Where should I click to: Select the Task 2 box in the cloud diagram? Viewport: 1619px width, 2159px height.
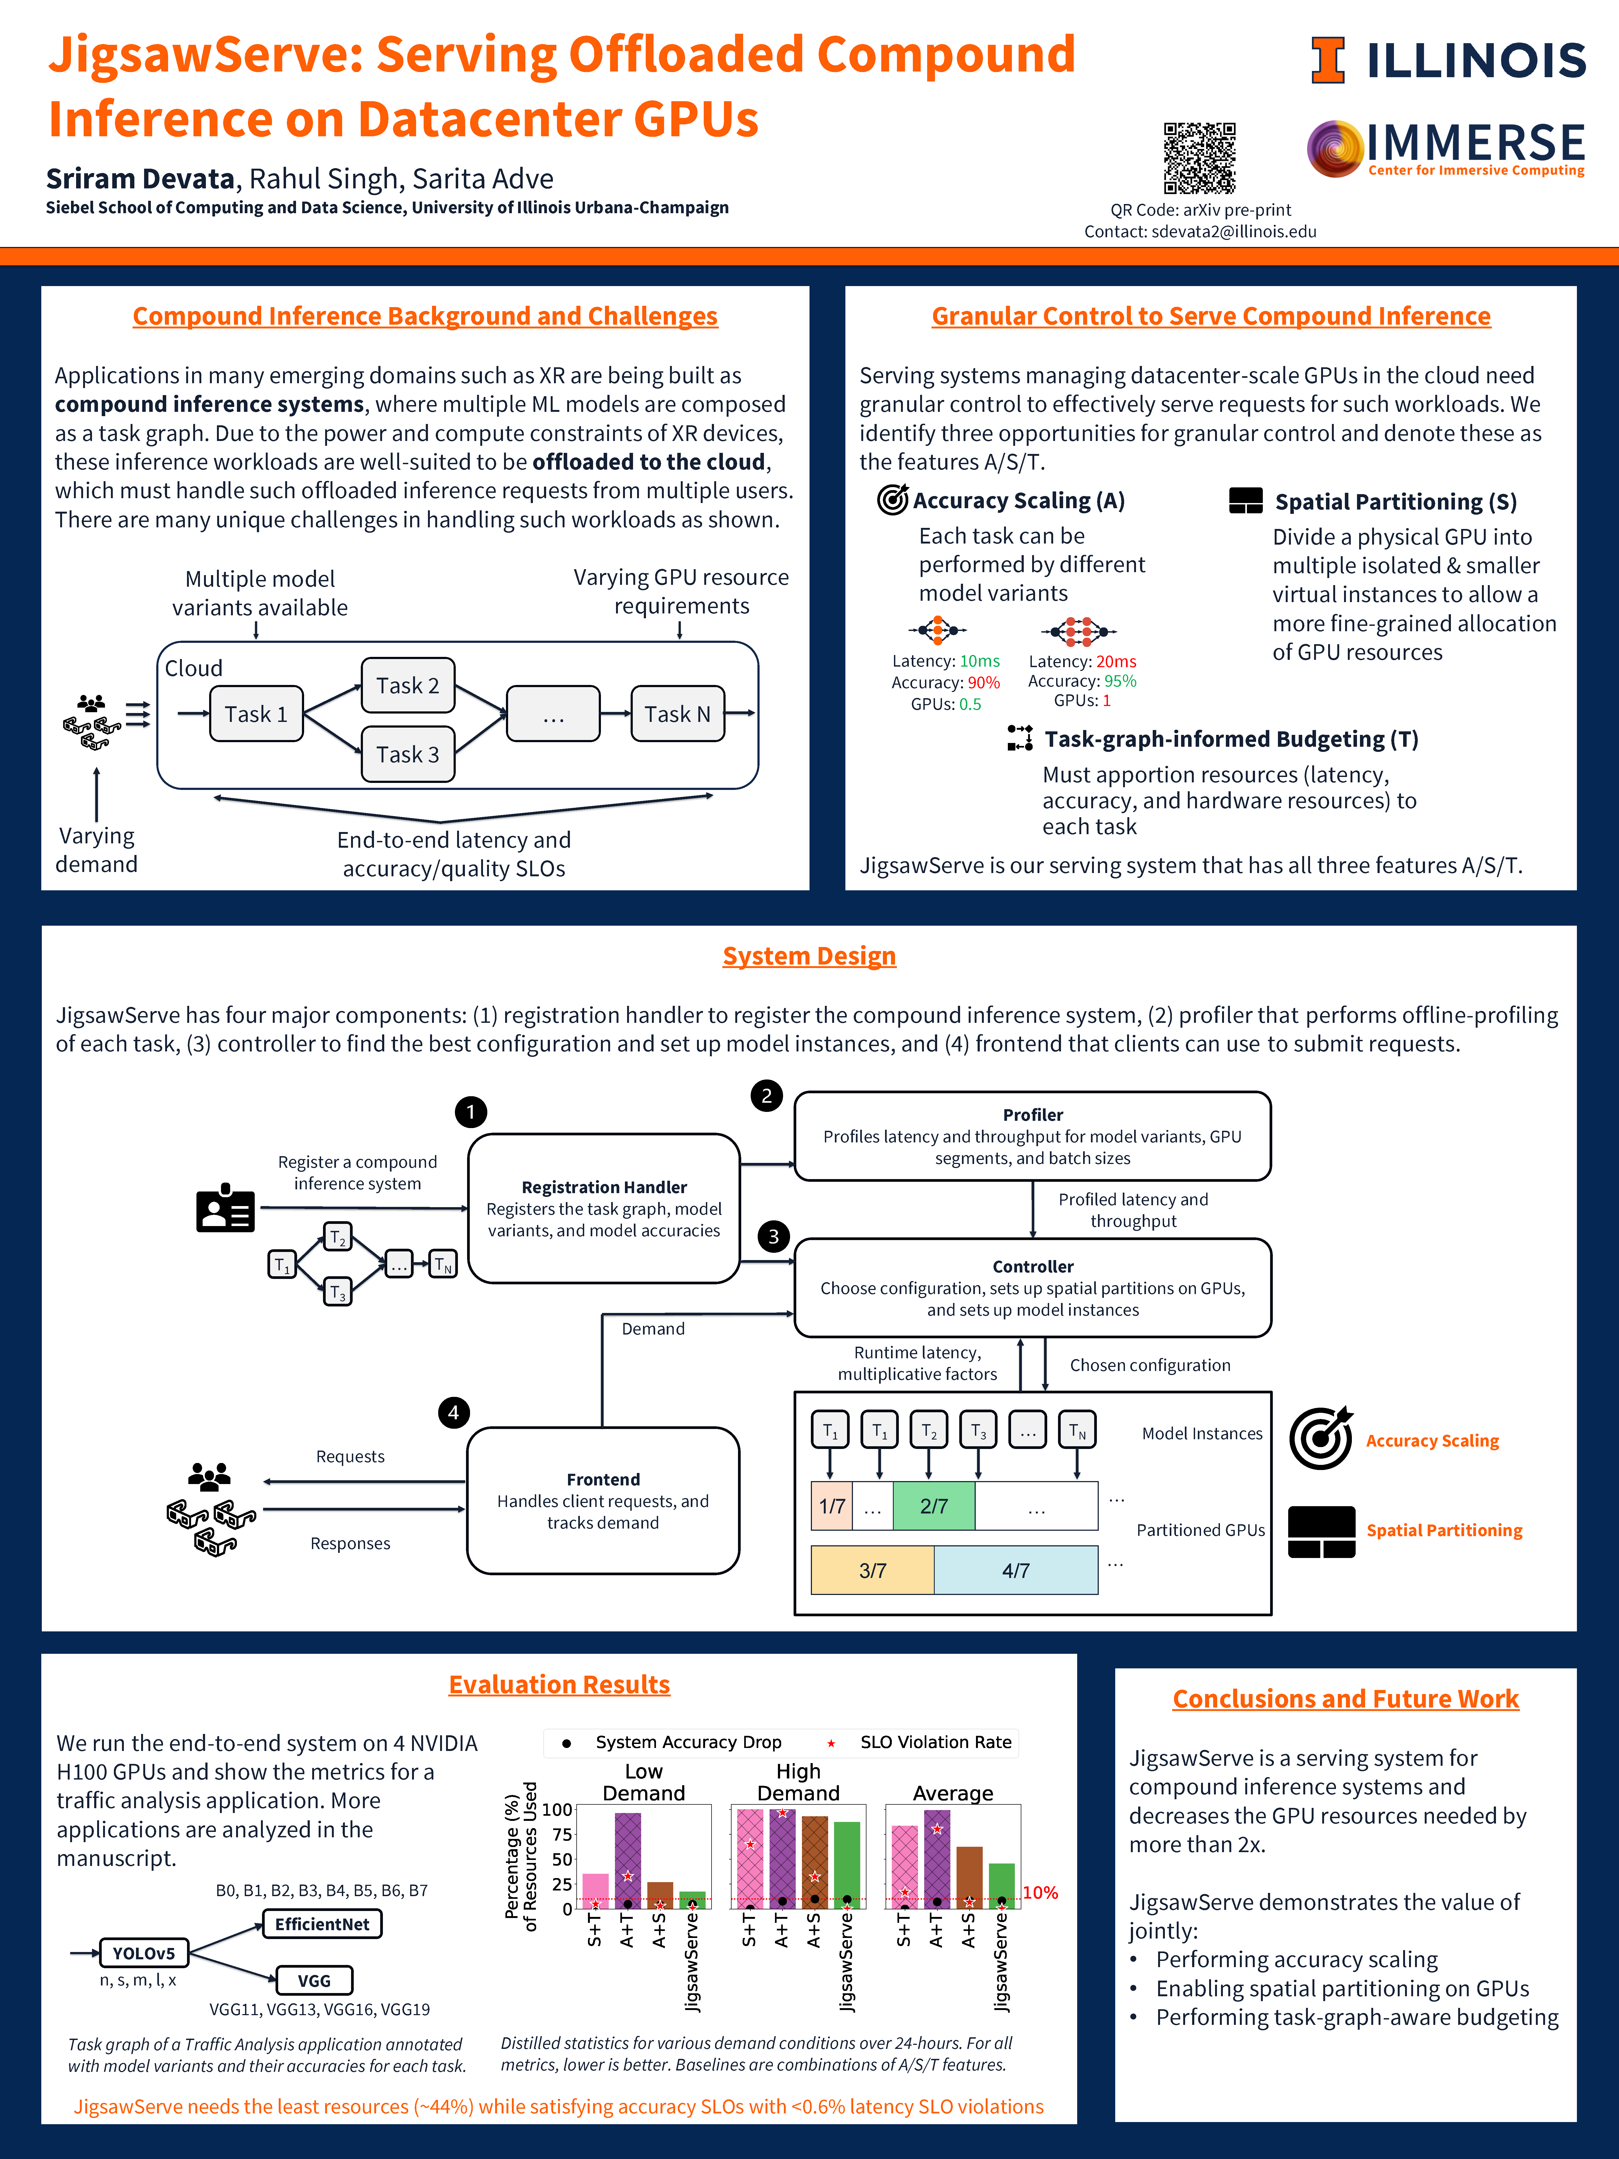point(408,685)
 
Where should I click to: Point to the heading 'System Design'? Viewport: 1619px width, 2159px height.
point(809,956)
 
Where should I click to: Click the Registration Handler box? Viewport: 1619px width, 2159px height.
point(604,1208)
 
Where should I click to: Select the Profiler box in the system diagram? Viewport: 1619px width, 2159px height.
point(1032,1136)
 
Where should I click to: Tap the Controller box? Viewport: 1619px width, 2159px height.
point(1032,1287)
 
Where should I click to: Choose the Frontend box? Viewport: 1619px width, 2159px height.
point(603,1500)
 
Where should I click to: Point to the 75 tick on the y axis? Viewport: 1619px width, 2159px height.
point(562,1834)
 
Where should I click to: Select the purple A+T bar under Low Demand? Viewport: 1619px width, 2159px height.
point(627,1859)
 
